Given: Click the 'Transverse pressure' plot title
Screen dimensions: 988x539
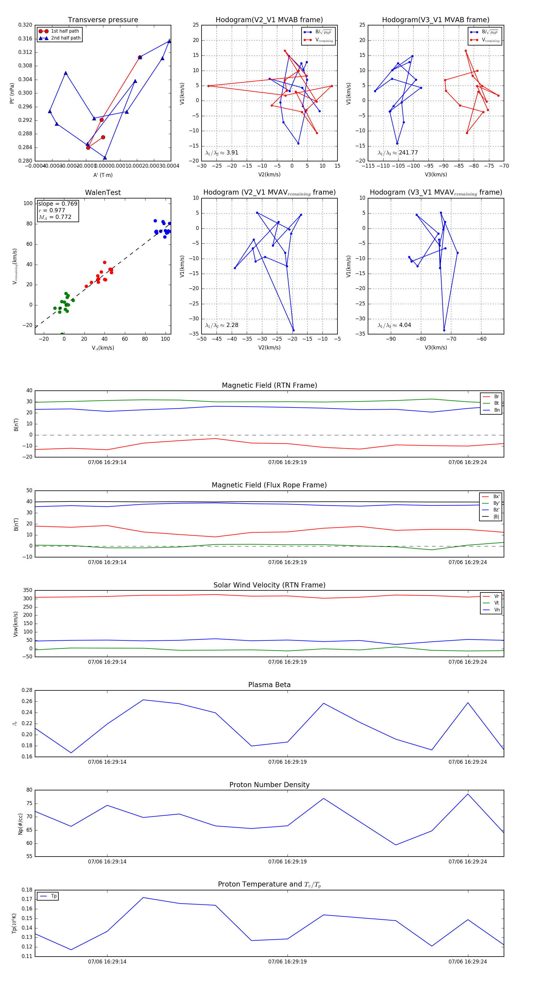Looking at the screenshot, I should coord(103,20).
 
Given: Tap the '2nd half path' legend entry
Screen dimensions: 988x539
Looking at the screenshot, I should coord(66,38).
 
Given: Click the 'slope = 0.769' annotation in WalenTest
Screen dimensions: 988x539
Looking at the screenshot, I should coord(57,204).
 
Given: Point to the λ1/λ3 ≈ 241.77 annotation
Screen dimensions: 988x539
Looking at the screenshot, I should coord(398,153).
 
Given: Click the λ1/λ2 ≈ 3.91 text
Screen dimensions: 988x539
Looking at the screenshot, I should coord(222,153).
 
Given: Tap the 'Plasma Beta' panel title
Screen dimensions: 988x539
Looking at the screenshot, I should coord(269,685).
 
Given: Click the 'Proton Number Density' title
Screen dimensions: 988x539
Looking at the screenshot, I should coord(269,785).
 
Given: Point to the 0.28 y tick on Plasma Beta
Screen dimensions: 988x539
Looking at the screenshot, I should coord(26,690).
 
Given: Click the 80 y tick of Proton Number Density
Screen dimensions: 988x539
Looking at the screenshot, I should coord(29,790).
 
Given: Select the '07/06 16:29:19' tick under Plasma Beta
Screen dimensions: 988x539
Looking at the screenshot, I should coord(287,762).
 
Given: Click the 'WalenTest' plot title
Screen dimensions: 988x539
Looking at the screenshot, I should coord(103,193).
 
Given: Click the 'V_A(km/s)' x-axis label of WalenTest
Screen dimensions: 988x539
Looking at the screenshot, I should coord(103,348).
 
